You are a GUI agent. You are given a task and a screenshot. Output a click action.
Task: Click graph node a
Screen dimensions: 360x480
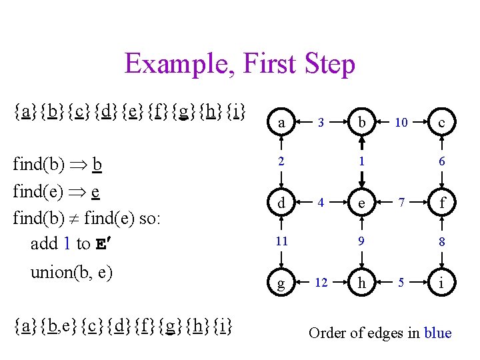pos(282,123)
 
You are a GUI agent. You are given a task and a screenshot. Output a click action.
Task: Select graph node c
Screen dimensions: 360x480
pos(441,123)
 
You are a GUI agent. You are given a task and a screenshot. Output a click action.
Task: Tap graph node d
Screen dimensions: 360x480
pos(282,203)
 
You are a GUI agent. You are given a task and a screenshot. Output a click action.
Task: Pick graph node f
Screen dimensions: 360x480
pos(441,203)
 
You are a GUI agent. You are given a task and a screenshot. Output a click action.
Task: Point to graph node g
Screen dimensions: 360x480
pos(282,283)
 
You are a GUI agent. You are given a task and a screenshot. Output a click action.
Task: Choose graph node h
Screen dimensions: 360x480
pos(361,283)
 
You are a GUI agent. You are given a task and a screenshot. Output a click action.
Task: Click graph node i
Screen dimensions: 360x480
pos(441,283)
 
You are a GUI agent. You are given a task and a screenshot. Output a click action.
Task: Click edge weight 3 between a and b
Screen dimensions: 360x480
pos(321,123)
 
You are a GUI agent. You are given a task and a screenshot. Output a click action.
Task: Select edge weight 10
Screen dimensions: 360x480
pos(401,123)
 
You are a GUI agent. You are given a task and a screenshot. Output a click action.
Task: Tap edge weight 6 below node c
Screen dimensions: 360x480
pos(441,162)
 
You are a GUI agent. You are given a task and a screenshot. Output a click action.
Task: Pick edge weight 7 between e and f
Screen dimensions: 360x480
pos(401,202)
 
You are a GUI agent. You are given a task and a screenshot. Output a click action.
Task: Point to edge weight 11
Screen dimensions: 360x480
pos(282,241)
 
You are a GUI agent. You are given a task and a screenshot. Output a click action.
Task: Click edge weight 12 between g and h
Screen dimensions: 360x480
pos(321,283)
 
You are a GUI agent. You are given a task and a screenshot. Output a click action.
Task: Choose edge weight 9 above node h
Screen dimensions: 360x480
pos(361,242)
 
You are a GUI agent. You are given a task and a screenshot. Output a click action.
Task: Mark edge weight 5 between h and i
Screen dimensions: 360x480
pos(401,283)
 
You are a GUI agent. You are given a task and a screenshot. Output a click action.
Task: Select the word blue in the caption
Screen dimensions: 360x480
pos(437,333)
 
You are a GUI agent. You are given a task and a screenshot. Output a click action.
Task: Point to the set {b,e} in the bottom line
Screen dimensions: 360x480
pos(59,327)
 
